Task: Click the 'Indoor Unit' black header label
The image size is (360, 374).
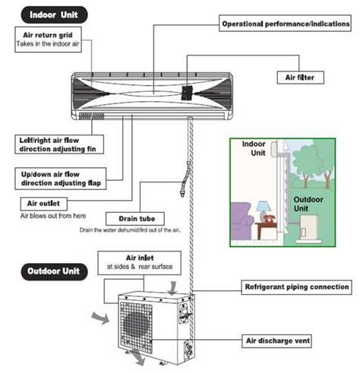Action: [x=54, y=13]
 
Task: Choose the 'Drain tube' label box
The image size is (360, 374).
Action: [x=130, y=219]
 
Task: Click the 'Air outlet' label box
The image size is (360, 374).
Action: [x=44, y=204]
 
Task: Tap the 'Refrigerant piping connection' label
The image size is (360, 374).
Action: [x=297, y=287]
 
